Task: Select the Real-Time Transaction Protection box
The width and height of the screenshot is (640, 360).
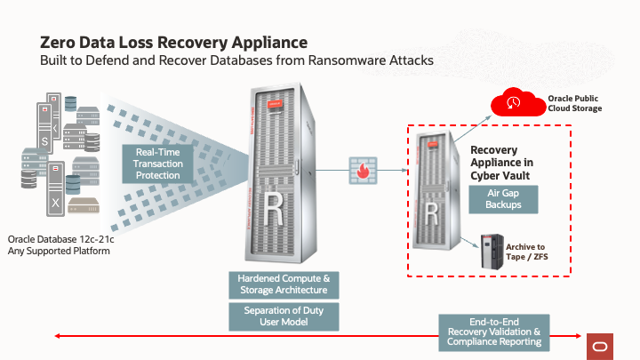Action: (157, 164)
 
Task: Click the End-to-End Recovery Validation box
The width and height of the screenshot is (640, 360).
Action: (494, 332)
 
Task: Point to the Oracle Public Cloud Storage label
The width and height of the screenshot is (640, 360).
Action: (574, 103)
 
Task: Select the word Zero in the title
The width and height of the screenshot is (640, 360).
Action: (59, 43)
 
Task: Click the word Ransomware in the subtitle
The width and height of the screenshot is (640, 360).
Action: (342, 61)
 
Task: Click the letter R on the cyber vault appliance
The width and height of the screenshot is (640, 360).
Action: (431, 212)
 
